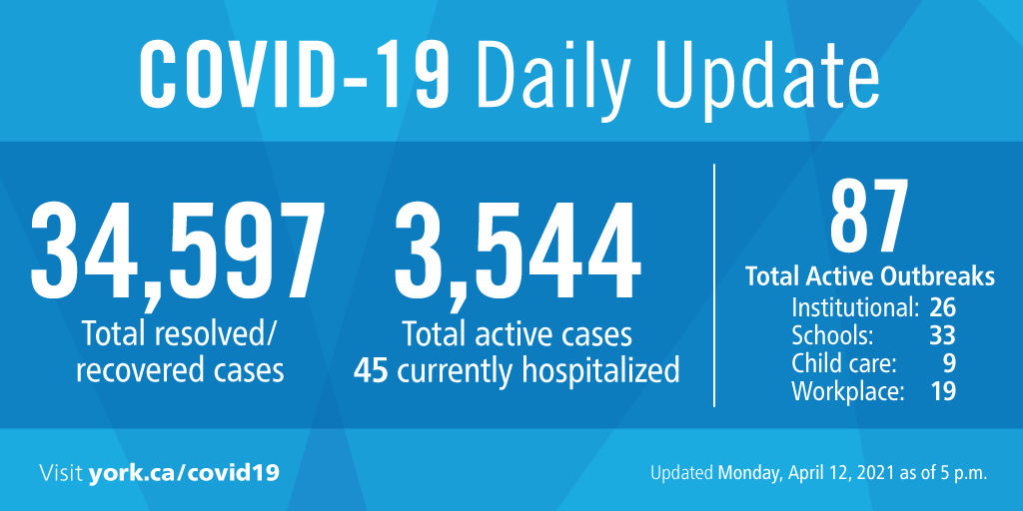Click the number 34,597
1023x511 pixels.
tap(179, 254)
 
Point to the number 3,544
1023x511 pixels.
tap(517, 254)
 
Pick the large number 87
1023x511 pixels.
tap(869, 218)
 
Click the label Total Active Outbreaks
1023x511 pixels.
tap(869, 276)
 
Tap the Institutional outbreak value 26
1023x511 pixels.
tap(941, 306)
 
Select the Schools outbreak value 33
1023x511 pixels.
tap(941, 334)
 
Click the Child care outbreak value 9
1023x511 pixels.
tap(949, 362)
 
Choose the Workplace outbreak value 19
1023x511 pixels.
tap(941, 391)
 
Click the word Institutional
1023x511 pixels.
tap(854, 306)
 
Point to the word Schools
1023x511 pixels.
tap(832, 334)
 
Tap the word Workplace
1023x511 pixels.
tap(847, 391)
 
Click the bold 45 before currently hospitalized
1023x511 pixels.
tap(371, 370)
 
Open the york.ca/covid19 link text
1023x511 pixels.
tap(183, 471)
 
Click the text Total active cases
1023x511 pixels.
tap(516, 333)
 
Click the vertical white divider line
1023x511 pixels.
tap(714, 284)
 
